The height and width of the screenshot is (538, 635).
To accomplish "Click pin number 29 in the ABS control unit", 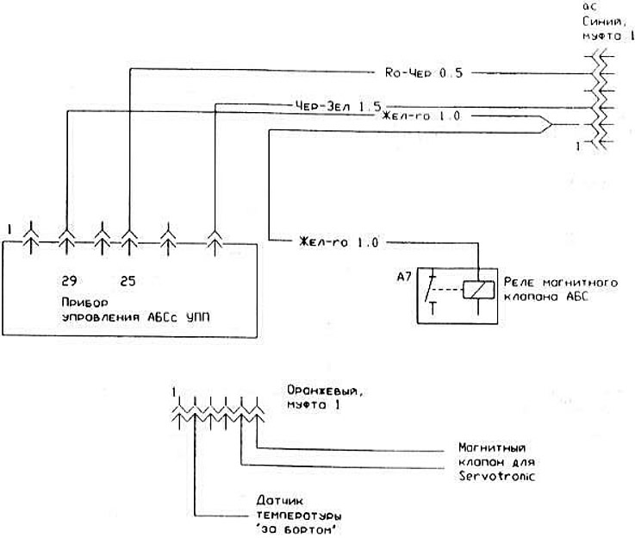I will pyautogui.click(x=69, y=281).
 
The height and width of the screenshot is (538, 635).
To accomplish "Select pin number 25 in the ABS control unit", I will pyautogui.click(x=128, y=281).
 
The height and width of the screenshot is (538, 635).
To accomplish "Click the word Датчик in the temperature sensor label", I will pyautogui.click(x=276, y=499).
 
